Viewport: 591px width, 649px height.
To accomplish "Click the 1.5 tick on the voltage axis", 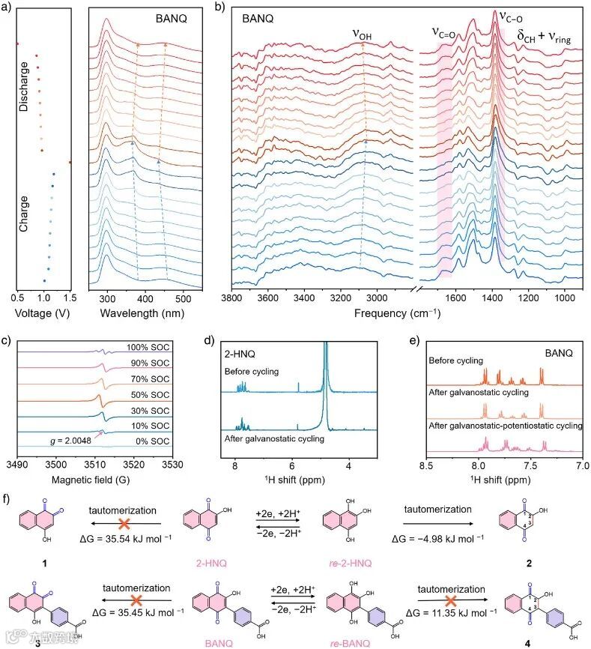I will point(70,297).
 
